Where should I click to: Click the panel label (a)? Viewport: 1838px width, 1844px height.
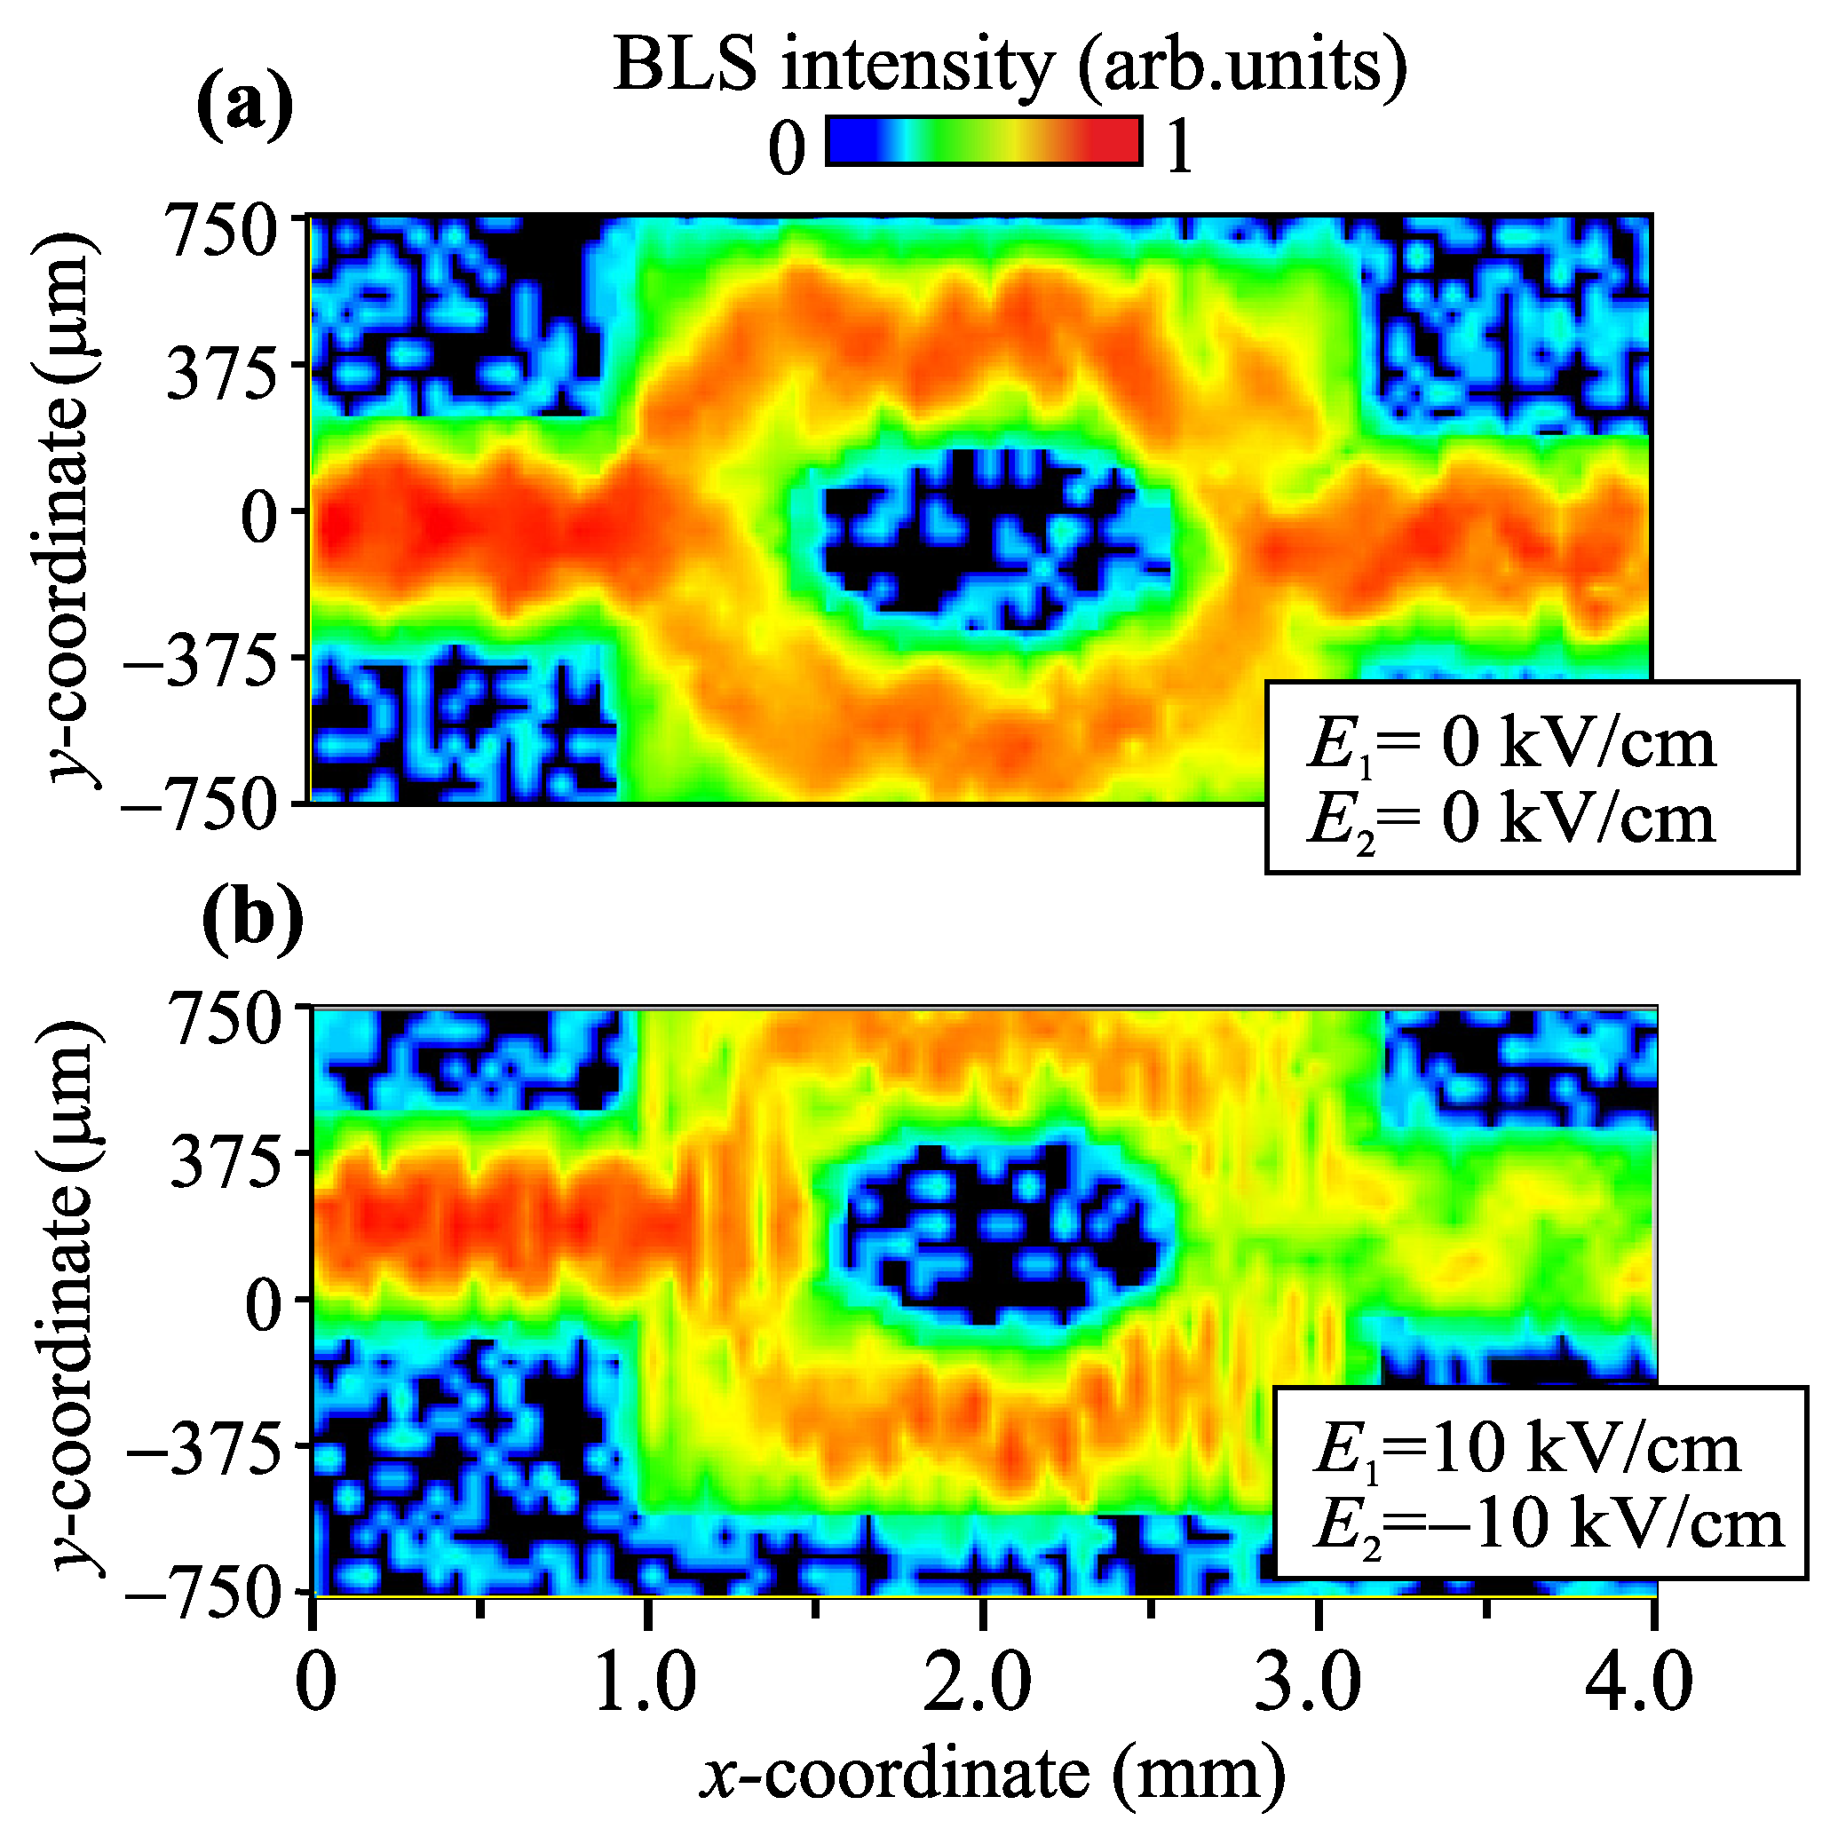[244, 107]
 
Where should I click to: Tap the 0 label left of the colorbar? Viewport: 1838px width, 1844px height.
[787, 150]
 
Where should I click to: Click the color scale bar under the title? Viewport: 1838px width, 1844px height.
[984, 140]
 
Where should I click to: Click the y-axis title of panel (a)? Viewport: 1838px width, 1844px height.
[67, 510]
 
